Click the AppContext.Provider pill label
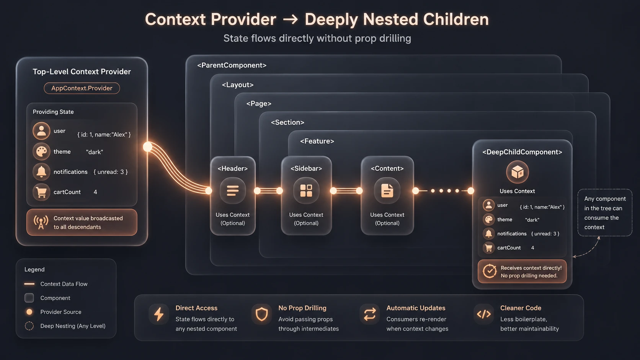click(82, 88)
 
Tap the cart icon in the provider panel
click(41, 192)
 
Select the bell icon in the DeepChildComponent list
click(488, 233)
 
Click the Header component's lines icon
click(233, 191)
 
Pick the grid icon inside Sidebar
click(306, 191)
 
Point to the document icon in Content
click(387, 191)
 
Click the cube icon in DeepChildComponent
click(517, 172)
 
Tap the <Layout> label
click(238, 85)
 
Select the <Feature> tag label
click(317, 141)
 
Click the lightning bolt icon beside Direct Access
click(159, 314)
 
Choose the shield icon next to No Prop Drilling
click(261, 314)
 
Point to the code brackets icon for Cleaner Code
click(484, 314)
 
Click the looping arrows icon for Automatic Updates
click(370, 314)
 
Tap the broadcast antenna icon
click(41, 222)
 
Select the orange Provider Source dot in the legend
click(29, 312)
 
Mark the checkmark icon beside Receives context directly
click(490, 271)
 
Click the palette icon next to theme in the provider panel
click(41, 151)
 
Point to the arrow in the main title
click(290, 20)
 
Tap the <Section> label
click(287, 122)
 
